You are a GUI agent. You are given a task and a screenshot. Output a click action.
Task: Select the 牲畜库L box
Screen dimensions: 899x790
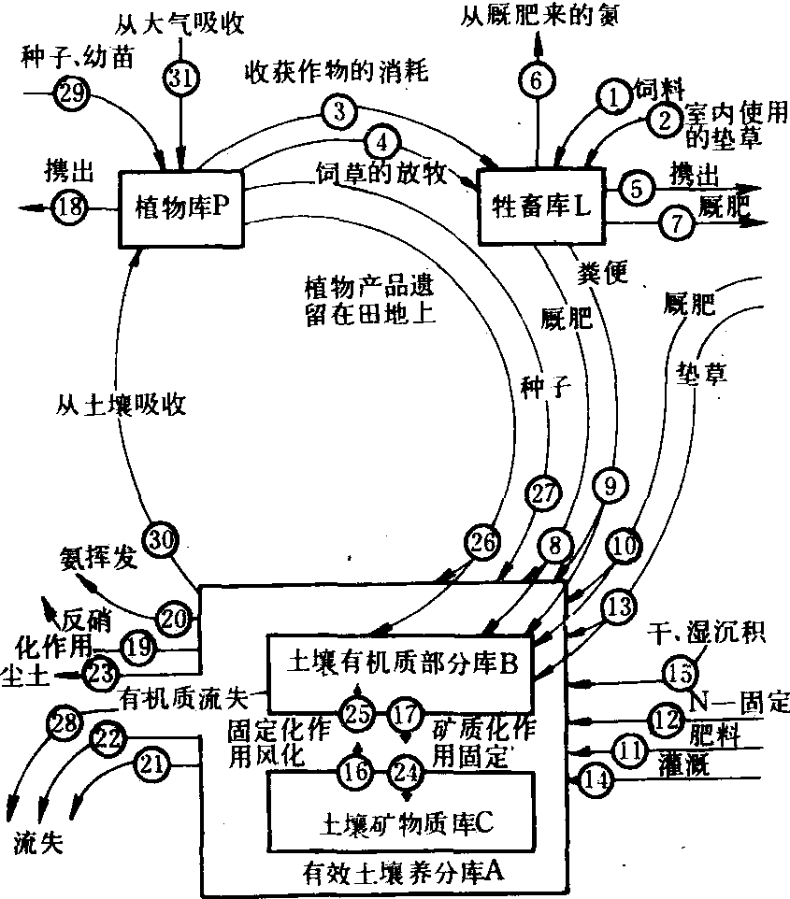click(x=541, y=207)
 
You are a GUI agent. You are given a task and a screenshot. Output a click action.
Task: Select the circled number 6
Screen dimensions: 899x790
click(x=537, y=79)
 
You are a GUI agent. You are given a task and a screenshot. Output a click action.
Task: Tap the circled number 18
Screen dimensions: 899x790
click(x=68, y=207)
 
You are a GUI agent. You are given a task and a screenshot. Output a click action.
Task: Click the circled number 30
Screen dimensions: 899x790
click(x=161, y=540)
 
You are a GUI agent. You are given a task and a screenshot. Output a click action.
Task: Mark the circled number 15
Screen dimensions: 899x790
click(x=681, y=672)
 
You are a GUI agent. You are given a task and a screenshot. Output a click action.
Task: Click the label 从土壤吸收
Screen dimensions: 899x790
click(x=121, y=405)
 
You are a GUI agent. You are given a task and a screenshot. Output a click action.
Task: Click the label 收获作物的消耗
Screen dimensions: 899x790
click(x=337, y=72)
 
